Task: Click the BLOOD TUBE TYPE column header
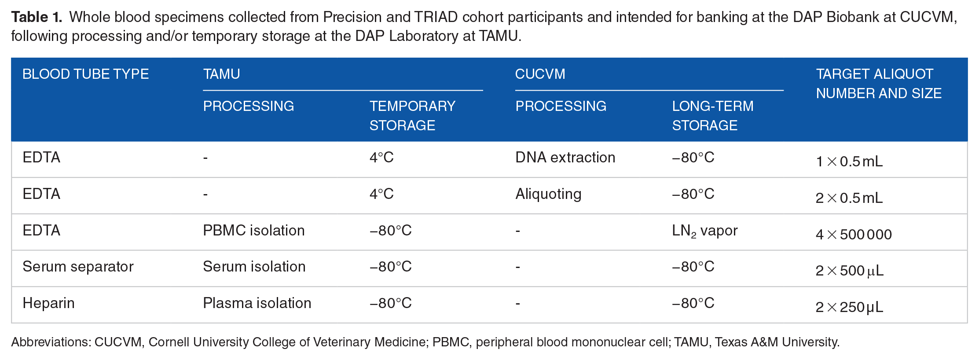86,74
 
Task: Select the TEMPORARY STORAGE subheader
412,116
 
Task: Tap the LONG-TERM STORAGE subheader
713,116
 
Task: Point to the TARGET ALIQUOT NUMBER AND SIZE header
879,84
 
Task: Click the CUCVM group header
540,74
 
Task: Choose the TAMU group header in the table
222,74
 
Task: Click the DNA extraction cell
565,158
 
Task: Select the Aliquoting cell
549,195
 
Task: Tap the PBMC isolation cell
254,231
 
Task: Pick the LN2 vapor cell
705,231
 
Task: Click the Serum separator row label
78,267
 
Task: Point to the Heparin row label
49,304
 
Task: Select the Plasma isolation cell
257,303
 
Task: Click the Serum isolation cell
254,267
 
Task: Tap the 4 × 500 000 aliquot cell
854,235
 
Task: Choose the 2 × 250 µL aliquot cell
849,307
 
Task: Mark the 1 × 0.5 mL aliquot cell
849,162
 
